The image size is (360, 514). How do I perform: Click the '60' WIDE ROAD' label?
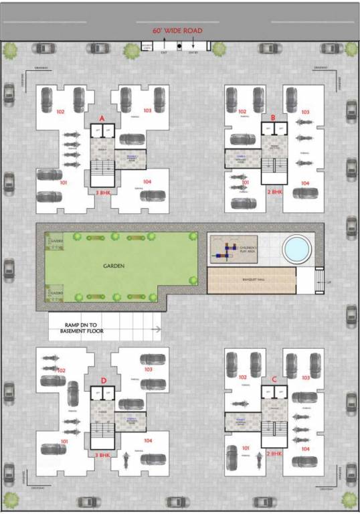point(177,31)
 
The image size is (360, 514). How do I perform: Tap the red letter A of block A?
point(102,118)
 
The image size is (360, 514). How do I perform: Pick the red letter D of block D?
point(104,381)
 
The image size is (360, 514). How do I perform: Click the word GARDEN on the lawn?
point(113,266)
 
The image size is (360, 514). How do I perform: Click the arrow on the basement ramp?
point(156,329)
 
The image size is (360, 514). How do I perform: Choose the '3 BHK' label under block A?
point(103,192)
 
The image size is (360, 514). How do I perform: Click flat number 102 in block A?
point(60,112)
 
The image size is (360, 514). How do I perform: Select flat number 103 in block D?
point(147,369)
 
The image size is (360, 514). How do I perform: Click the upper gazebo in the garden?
point(54,239)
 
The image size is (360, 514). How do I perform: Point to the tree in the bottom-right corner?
point(349,499)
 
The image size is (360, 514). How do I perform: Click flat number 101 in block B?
point(245,183)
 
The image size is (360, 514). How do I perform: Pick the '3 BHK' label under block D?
point(102,454)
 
